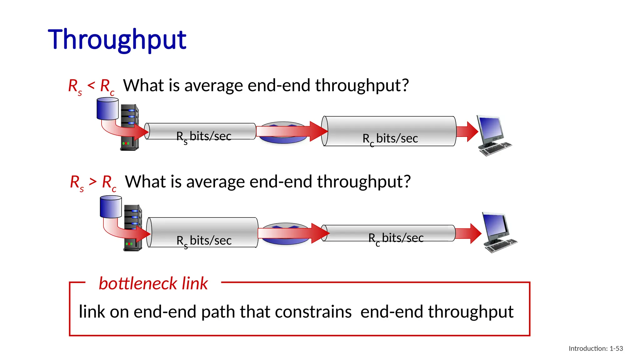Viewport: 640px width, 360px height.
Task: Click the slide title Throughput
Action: pyautogui.click(x=117, y=40)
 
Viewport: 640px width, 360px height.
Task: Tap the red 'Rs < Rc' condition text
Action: pyautogui.click(x=91, y=86)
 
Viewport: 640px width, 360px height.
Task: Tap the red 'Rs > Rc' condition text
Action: pyautogui.click(x=93, y=182)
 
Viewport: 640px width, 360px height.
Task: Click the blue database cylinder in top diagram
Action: pyautogui.click(x=107, y=109)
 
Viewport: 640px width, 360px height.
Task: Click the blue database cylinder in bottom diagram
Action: pyautogui.click(x=111, y=207)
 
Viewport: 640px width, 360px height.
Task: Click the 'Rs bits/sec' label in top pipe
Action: pyautogui.click(x=204, y=137)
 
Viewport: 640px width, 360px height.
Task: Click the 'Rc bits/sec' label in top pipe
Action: pyautogui.click(x=390, y=138)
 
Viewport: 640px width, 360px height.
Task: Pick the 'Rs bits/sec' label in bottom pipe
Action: pyautogui.click(x=204, y=241)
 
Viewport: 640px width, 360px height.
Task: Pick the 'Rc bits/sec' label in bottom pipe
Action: pyautogui.click(x=396, y=238)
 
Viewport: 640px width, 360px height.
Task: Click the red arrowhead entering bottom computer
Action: pyautogui.click(x=475, y=233)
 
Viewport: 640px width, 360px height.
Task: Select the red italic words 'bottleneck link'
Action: pyautogui.click(x=153, y=283)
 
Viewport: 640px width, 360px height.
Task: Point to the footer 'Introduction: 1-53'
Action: pyautogui.click(x=595, y=348)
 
